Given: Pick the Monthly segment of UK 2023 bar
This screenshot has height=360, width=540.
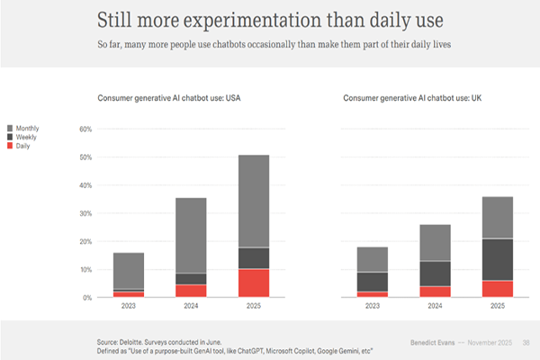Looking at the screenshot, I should (x=372, y=259).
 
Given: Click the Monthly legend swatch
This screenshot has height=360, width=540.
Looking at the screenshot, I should (x=10, y=129).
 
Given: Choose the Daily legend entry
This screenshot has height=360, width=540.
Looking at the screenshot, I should (x=23, y=145).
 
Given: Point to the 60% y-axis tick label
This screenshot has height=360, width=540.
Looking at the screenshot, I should (x=86, y=129).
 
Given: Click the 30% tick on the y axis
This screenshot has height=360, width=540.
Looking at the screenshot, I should (x=86, y=213).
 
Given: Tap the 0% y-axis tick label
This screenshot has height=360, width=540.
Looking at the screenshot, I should (x=88, y=298).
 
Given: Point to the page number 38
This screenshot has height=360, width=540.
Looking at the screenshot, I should (x=526, y=343).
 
